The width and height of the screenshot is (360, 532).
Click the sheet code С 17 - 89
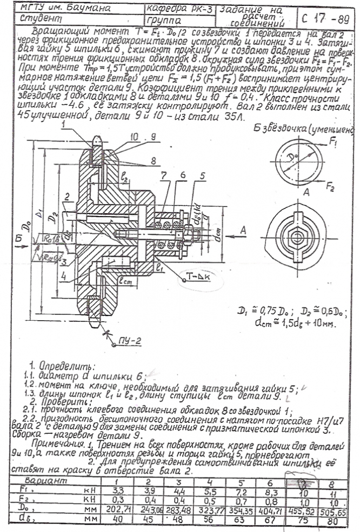pos(326,17)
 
